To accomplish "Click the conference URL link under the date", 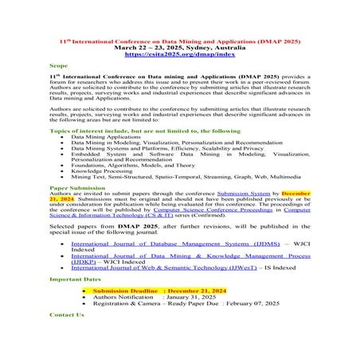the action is pos(179,54).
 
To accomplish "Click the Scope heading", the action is pos(58,67).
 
